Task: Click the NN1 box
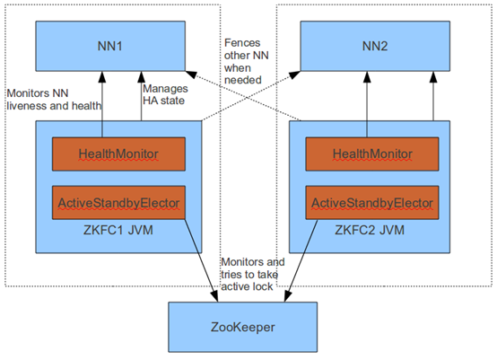[x=110, y=46]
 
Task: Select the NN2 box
[x=375, y=46]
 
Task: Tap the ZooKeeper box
[x=242, y=327]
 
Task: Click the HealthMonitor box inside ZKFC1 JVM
[x=118, y=154]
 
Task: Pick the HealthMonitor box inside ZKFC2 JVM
[x=372, y=154]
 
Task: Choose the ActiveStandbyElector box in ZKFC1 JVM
[x=118, y=202]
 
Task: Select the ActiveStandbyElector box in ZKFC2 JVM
[x=372, y=202]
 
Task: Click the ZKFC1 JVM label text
[x=118, y=230]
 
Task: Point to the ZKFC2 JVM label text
[x=370, y=230]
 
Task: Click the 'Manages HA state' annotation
[x=165, y=94]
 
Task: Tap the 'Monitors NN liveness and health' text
[x=54, y=100]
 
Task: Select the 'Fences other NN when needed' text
[x=247, y=61]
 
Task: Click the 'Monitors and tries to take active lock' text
[x=253, y=275]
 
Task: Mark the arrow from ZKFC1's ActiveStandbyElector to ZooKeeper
[x=201, y=260]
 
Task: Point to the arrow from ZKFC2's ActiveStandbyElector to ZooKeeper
[x=301, y=260]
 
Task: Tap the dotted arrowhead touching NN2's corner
[x=294, y=75]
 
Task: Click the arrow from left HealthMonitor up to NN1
[x=102, y=104]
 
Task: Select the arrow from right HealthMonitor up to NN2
[x=367, y=104]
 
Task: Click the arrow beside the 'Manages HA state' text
[x=142, y=96]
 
